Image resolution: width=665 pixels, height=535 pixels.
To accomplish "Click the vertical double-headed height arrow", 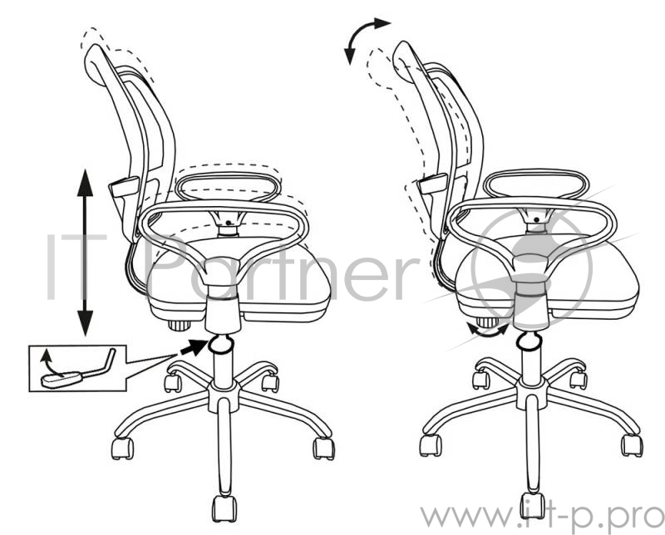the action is (x=86, y=253).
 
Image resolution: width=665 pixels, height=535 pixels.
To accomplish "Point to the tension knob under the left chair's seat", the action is (x=179, y=325).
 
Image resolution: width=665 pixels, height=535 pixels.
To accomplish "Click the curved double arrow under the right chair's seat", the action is (x=487, y=331).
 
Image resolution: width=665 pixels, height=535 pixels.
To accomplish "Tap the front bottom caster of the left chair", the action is (x=224, y=508).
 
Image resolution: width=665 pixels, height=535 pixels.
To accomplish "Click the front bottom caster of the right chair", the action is (x=533, y=505).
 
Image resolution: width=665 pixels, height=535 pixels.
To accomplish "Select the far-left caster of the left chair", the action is (x=122, y=449).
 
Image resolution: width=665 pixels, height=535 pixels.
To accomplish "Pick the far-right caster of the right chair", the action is (x=632, y=445).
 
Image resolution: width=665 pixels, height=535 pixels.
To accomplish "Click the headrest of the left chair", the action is (x=96, y=65).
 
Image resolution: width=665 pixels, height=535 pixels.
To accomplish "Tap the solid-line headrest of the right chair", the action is (x=404, y=61).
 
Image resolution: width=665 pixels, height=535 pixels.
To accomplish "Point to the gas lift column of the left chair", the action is (x=223, y=366).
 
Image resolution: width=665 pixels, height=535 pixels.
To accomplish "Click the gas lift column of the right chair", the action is (x=531, y=365).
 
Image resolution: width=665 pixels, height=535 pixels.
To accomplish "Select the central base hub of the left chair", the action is (x=224, y=397).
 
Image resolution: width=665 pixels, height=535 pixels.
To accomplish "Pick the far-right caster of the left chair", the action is (x=324, y=449).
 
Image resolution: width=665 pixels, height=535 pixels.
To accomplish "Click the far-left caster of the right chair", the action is (x=431, y=445).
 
